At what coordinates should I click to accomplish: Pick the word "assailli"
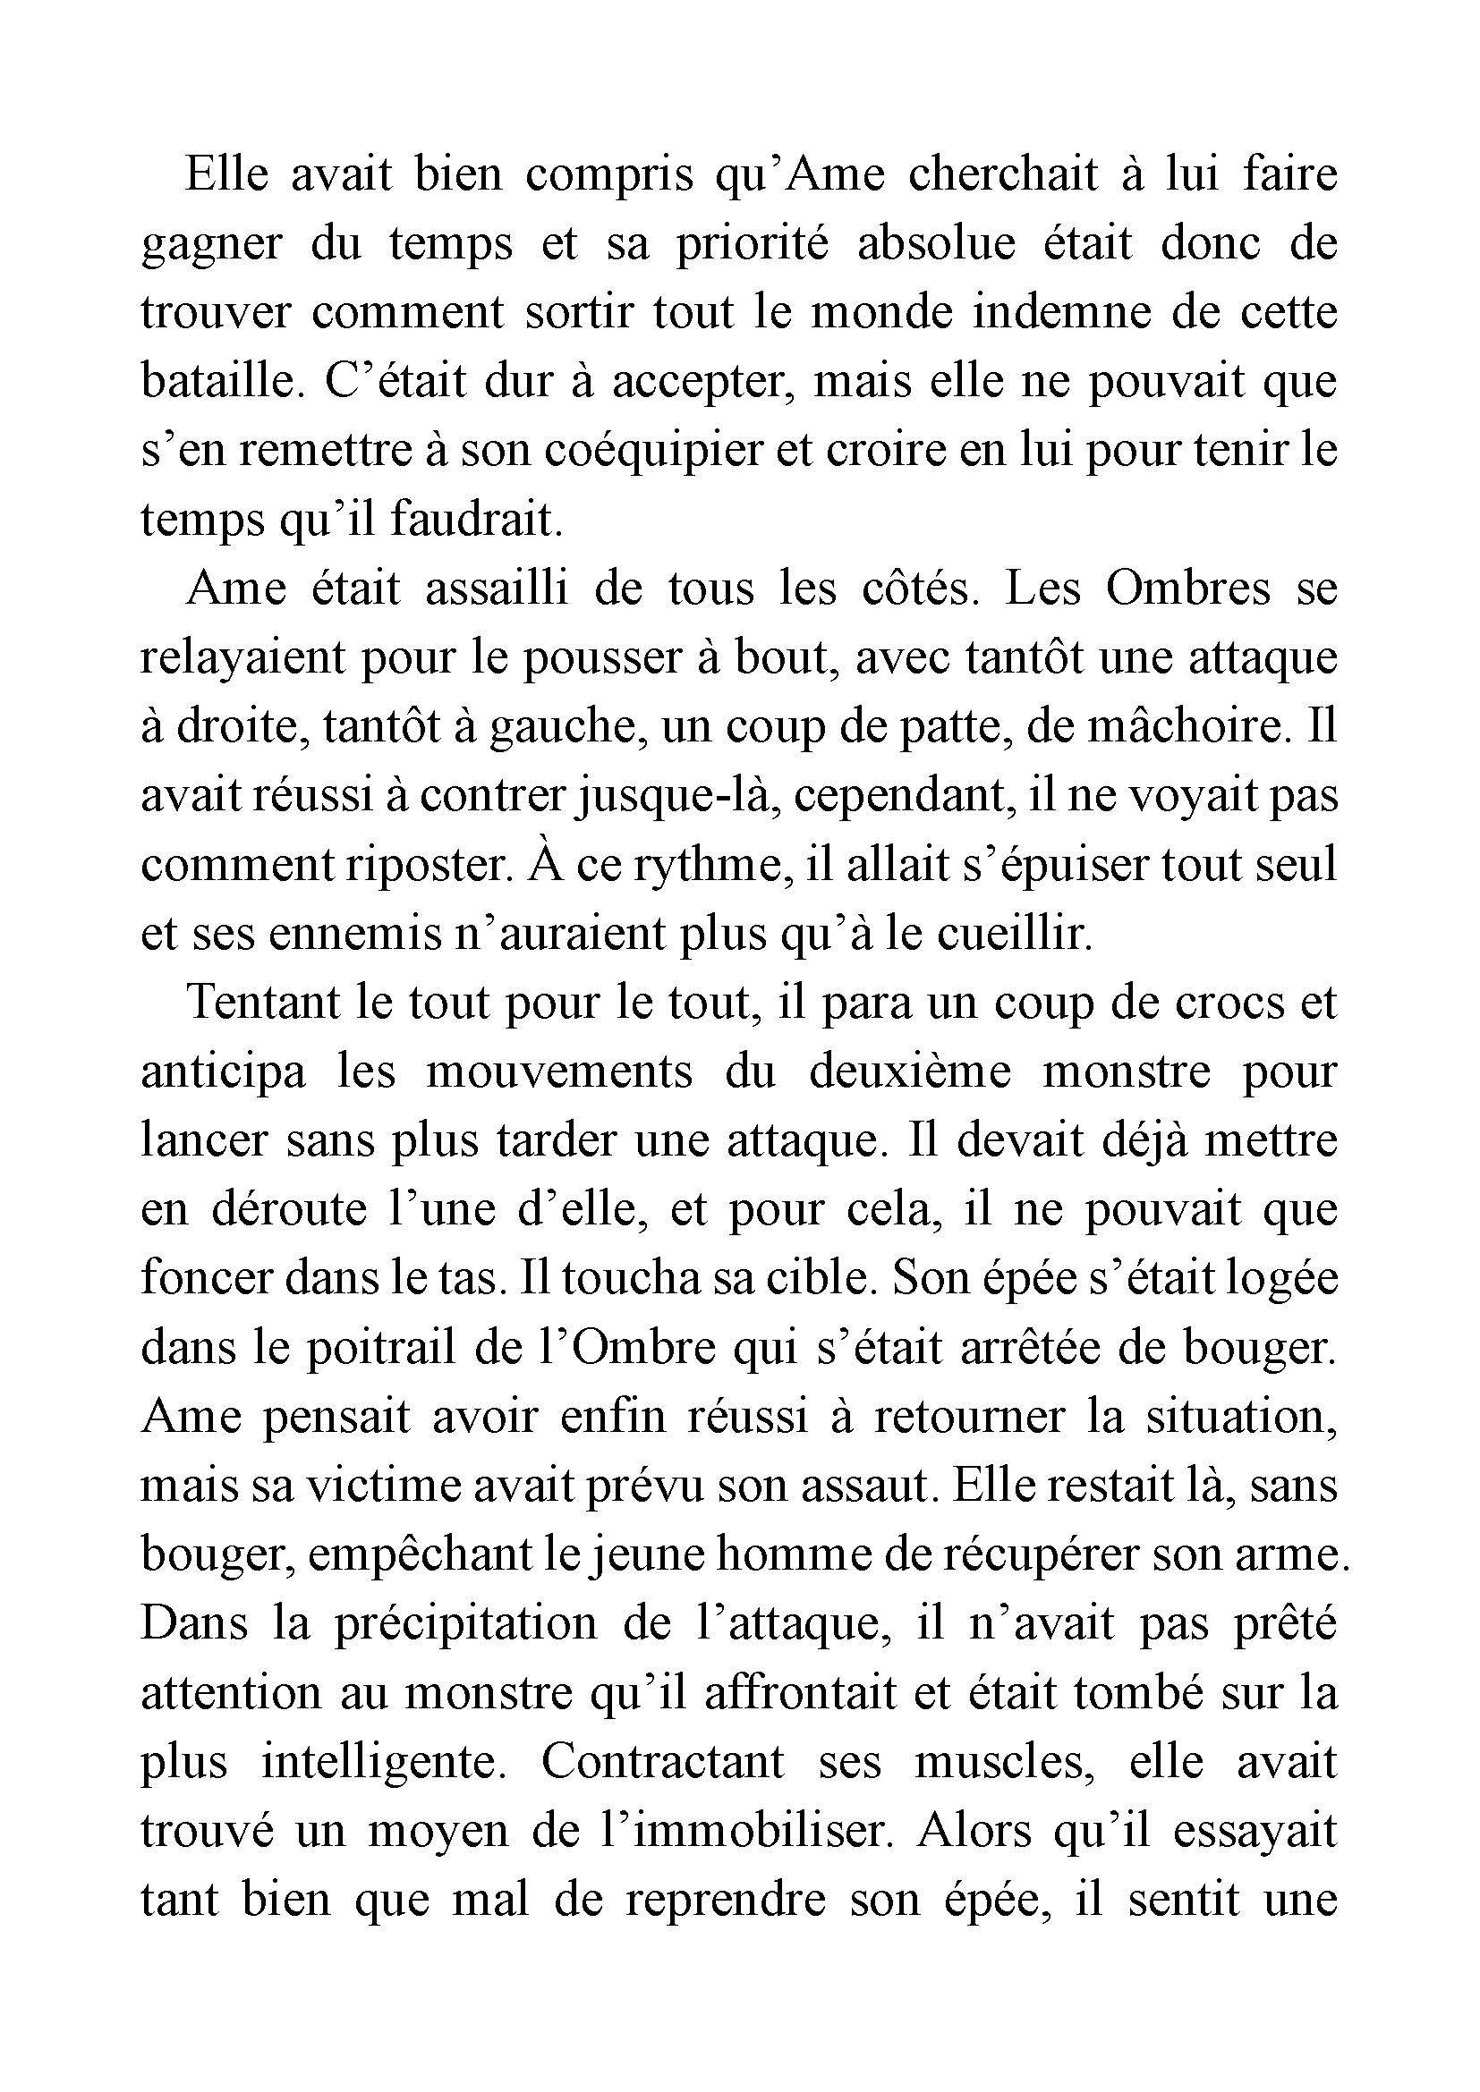click(x=497, y=589)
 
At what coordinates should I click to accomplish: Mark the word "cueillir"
click(x=1012, y=934)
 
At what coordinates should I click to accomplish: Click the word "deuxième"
click(x=909, y=1071)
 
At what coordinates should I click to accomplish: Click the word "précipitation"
click(x=464, y=1624)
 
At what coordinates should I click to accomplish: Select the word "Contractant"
click(x=662, y=1762)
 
